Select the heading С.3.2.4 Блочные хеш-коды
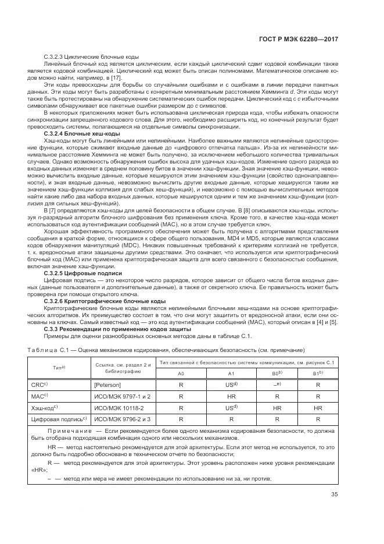tap(74, 133)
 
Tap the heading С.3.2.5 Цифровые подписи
tap(74, 273)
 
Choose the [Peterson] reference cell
tap(108, 385)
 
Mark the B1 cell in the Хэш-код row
tap(317, 407)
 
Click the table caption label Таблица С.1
tap(49, 350)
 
